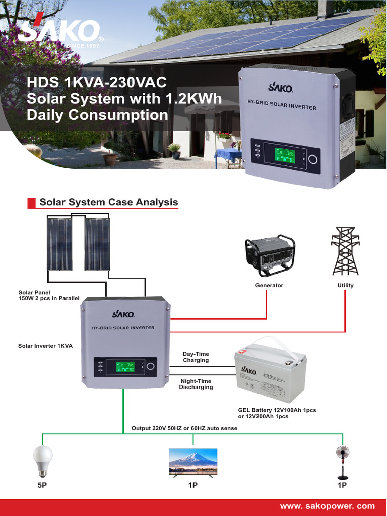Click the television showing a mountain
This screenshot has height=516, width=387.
(193, 462)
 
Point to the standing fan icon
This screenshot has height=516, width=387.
(343, 463)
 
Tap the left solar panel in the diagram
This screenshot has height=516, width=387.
(59, 244)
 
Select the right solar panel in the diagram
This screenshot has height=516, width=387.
(97, 244)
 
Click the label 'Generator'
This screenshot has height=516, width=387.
(270, 285)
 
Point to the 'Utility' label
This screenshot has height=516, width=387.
(345, 285)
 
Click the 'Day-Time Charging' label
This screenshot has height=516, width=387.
(196, 357)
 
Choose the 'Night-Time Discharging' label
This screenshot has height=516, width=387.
(196, 384)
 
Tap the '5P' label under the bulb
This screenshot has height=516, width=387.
(42, 485)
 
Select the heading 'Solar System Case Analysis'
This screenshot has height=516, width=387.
(109, 202)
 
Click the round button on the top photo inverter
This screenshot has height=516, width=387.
(313, 159)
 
